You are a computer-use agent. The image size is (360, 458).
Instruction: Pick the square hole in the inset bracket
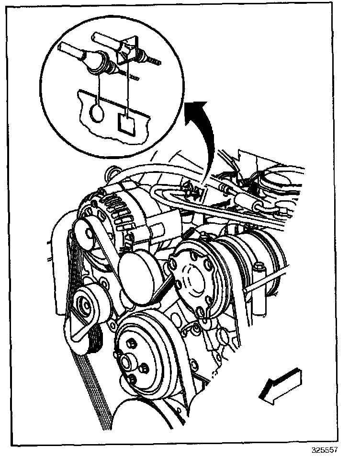[126, 123]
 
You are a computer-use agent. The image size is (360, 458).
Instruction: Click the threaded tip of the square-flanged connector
[154, 61]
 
